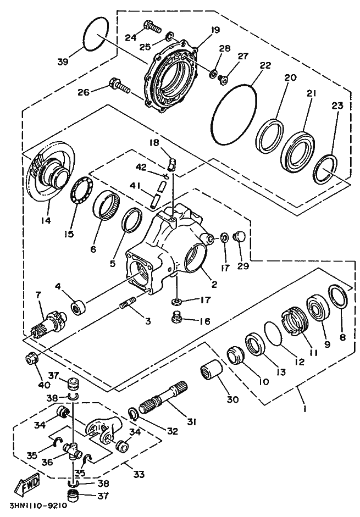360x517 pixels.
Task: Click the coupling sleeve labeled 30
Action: pyautogui.click(x=212, y=373)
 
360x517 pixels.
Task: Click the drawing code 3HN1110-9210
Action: pyautogui.click(x=37, y=506)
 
